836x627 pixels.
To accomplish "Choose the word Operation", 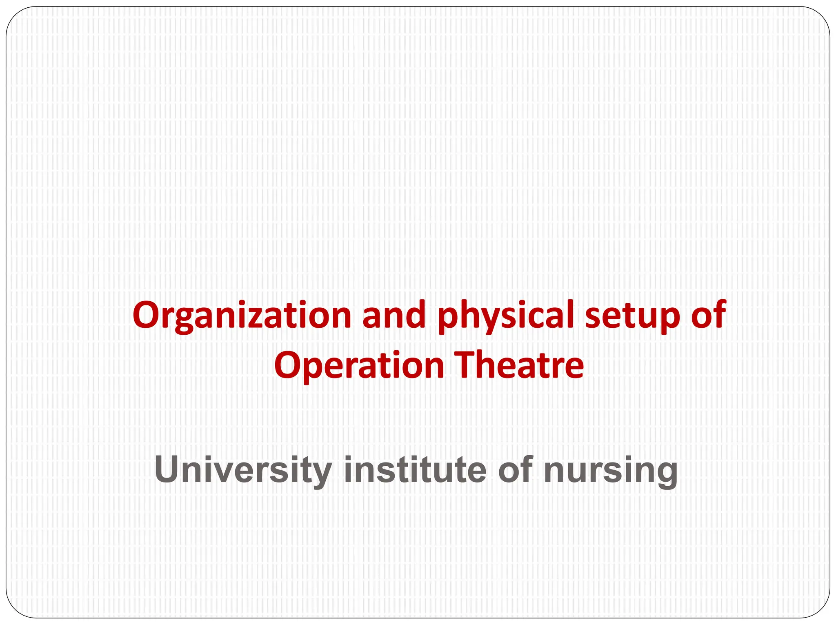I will [x=359, y=366].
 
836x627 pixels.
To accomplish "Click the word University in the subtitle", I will [x=243, y=470].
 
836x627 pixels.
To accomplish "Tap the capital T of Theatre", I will [x=465, y=365].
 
